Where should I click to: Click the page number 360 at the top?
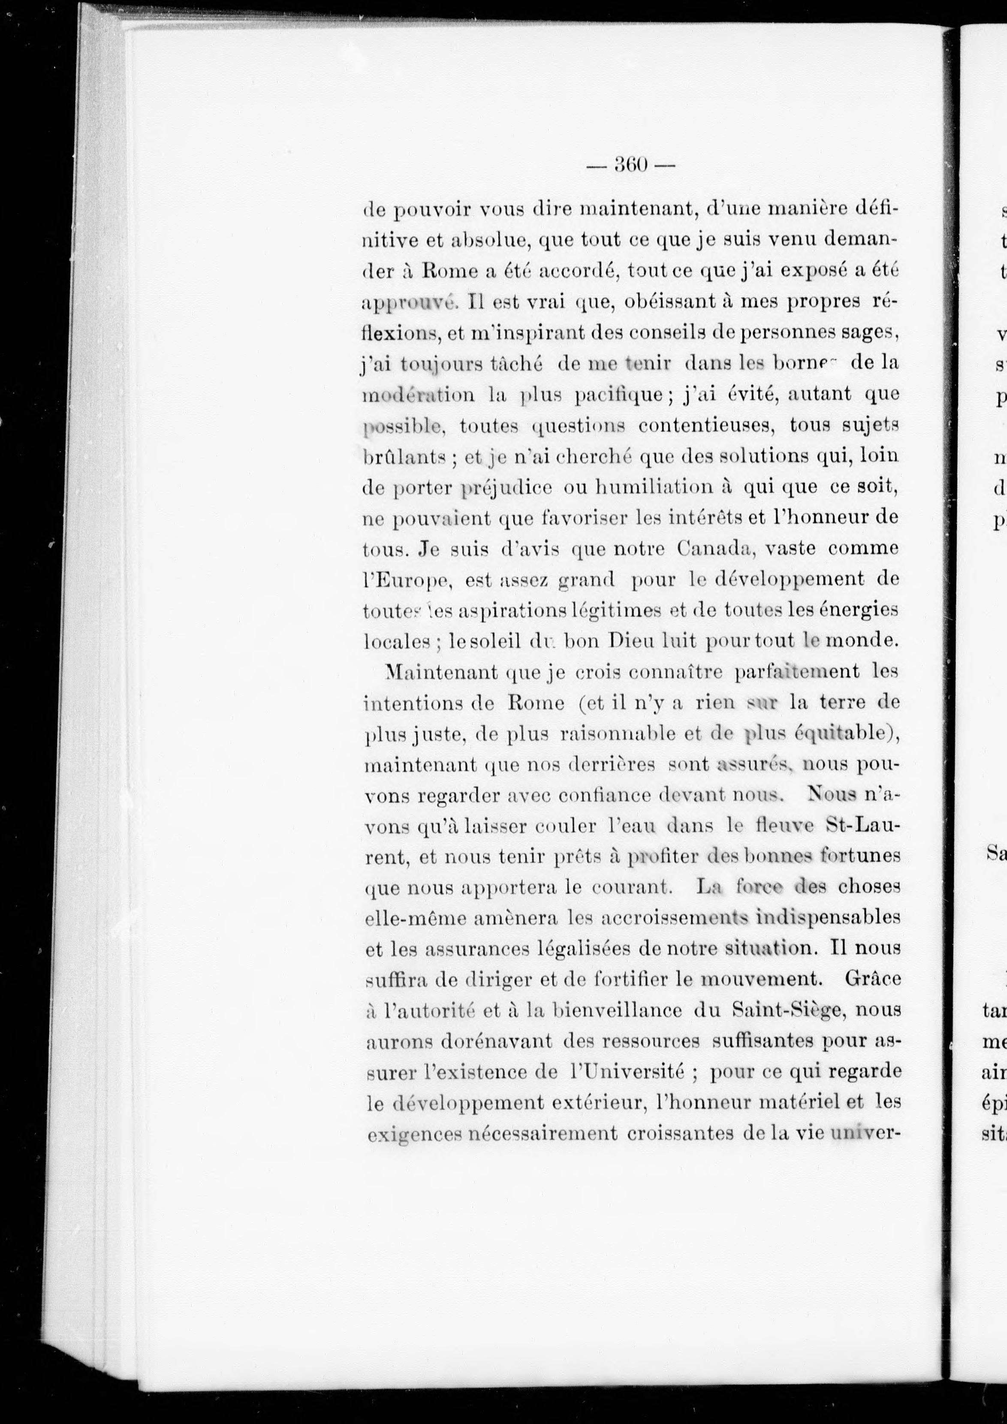630,165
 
